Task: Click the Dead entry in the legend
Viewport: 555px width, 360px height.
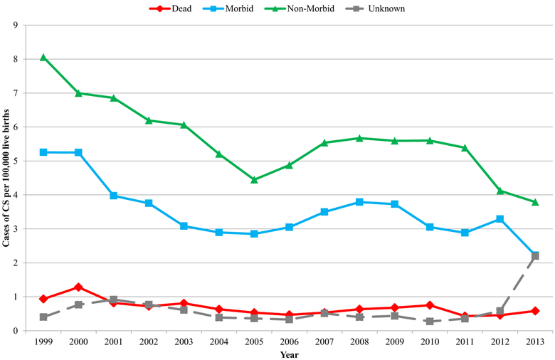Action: coord(175,9)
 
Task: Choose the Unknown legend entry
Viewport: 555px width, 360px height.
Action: coord(389,9)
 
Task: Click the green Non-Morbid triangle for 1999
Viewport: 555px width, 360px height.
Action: coord(43,58)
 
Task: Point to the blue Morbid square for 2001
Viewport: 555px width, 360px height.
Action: coord(114,196)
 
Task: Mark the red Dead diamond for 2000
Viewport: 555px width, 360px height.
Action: coord(78,287)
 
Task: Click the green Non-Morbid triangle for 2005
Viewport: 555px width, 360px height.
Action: coord(254,180)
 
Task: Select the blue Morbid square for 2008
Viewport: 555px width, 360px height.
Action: coord(359,202)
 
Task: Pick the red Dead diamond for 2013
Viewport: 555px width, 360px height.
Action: coord(534,311)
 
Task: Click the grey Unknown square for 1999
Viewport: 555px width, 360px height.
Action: coord(43,317)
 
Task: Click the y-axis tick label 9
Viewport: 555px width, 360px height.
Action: coord(15,25)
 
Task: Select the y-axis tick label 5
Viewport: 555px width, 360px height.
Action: coord(15,161)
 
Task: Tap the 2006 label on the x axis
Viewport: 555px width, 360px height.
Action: coord(289,342)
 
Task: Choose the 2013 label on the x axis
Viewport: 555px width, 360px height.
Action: coord(534,342)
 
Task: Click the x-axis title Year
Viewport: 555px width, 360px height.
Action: coord(289,354)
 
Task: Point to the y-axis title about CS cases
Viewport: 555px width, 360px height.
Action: coord(6,178)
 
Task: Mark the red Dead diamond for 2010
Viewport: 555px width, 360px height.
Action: coord(429,305)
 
